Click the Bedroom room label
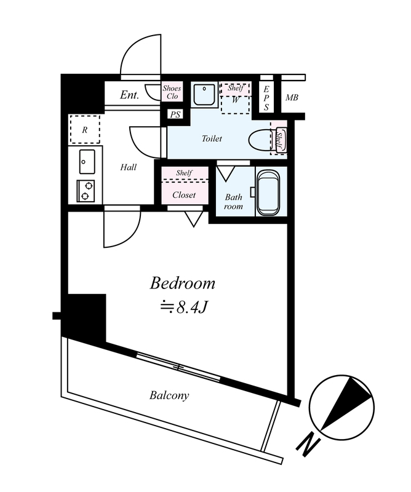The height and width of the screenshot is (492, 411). [x=182, y=284]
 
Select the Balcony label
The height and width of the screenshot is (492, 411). [x=169, y=395]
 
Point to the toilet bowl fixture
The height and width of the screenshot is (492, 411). [x=267, y=141]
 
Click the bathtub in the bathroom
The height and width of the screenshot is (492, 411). [x=268, y=192]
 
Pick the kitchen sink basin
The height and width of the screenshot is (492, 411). [x=87, y=162]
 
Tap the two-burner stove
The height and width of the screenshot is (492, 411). [x=86, y=191]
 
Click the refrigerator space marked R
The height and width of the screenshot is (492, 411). [x=85, y=129]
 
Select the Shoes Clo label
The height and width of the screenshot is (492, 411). [x=172, y=92]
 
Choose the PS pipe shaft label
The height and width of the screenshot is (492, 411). [x=175, y=115]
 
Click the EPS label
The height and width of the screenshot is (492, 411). [x=266, y=98]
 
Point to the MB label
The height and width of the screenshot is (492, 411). [x=292, y=98]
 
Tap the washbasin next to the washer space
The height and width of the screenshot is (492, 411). [x=204, y=94]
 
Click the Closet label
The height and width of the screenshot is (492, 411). [x=184, y=195]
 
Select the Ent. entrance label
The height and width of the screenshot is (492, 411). [x=129, y=95]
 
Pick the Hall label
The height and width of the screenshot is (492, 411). [x=129, y=167]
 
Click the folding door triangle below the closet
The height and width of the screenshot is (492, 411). [x=194, y=219]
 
